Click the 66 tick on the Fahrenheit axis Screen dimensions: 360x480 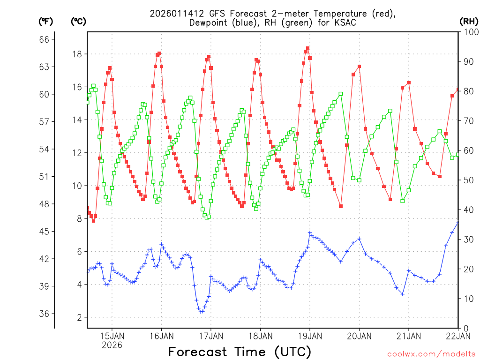pos(45,39)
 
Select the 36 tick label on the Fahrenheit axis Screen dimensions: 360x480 pos(45,314)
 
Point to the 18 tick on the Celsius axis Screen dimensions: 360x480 pos(77,54)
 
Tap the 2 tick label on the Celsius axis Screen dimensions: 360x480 pos(79,317)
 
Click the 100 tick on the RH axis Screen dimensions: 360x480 pos(470,32)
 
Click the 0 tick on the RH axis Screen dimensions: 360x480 pos(465,328)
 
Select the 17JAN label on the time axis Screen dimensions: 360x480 pos(210,336)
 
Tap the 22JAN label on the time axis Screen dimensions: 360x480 pos(457,336)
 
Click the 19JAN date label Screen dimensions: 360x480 pos(309,336)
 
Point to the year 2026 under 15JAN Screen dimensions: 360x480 pos(112,345)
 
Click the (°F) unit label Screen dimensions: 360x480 pos(46,21)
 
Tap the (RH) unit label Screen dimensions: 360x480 pos(469,21)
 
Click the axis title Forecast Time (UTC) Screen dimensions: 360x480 pos(240,352)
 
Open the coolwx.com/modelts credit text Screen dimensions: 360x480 pos(431,354)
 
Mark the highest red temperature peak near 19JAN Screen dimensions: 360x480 pos(307,48)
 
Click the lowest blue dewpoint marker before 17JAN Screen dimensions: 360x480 pos(201,311)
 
